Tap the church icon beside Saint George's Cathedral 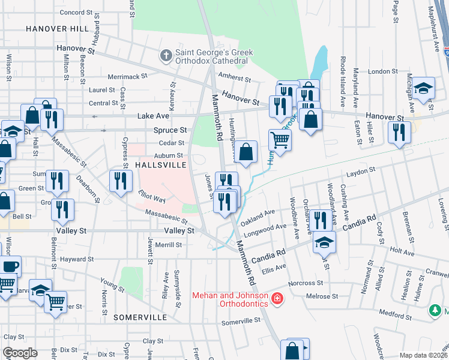pyautogui.click(x=166, y=56)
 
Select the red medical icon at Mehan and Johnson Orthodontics pyautogui.click(x=277, y=298)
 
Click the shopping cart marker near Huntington pyautogui.click(x=280, y=140)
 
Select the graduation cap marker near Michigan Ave pyautogui.click(x=423, y=88)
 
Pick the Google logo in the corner pyautogui.click(x=20, y=353)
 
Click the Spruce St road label pyautogui.click(x=170, y=130)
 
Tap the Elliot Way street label pyautogui.click(x=151, y=197)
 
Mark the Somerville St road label pyautogui.click(x=241, y=320)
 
